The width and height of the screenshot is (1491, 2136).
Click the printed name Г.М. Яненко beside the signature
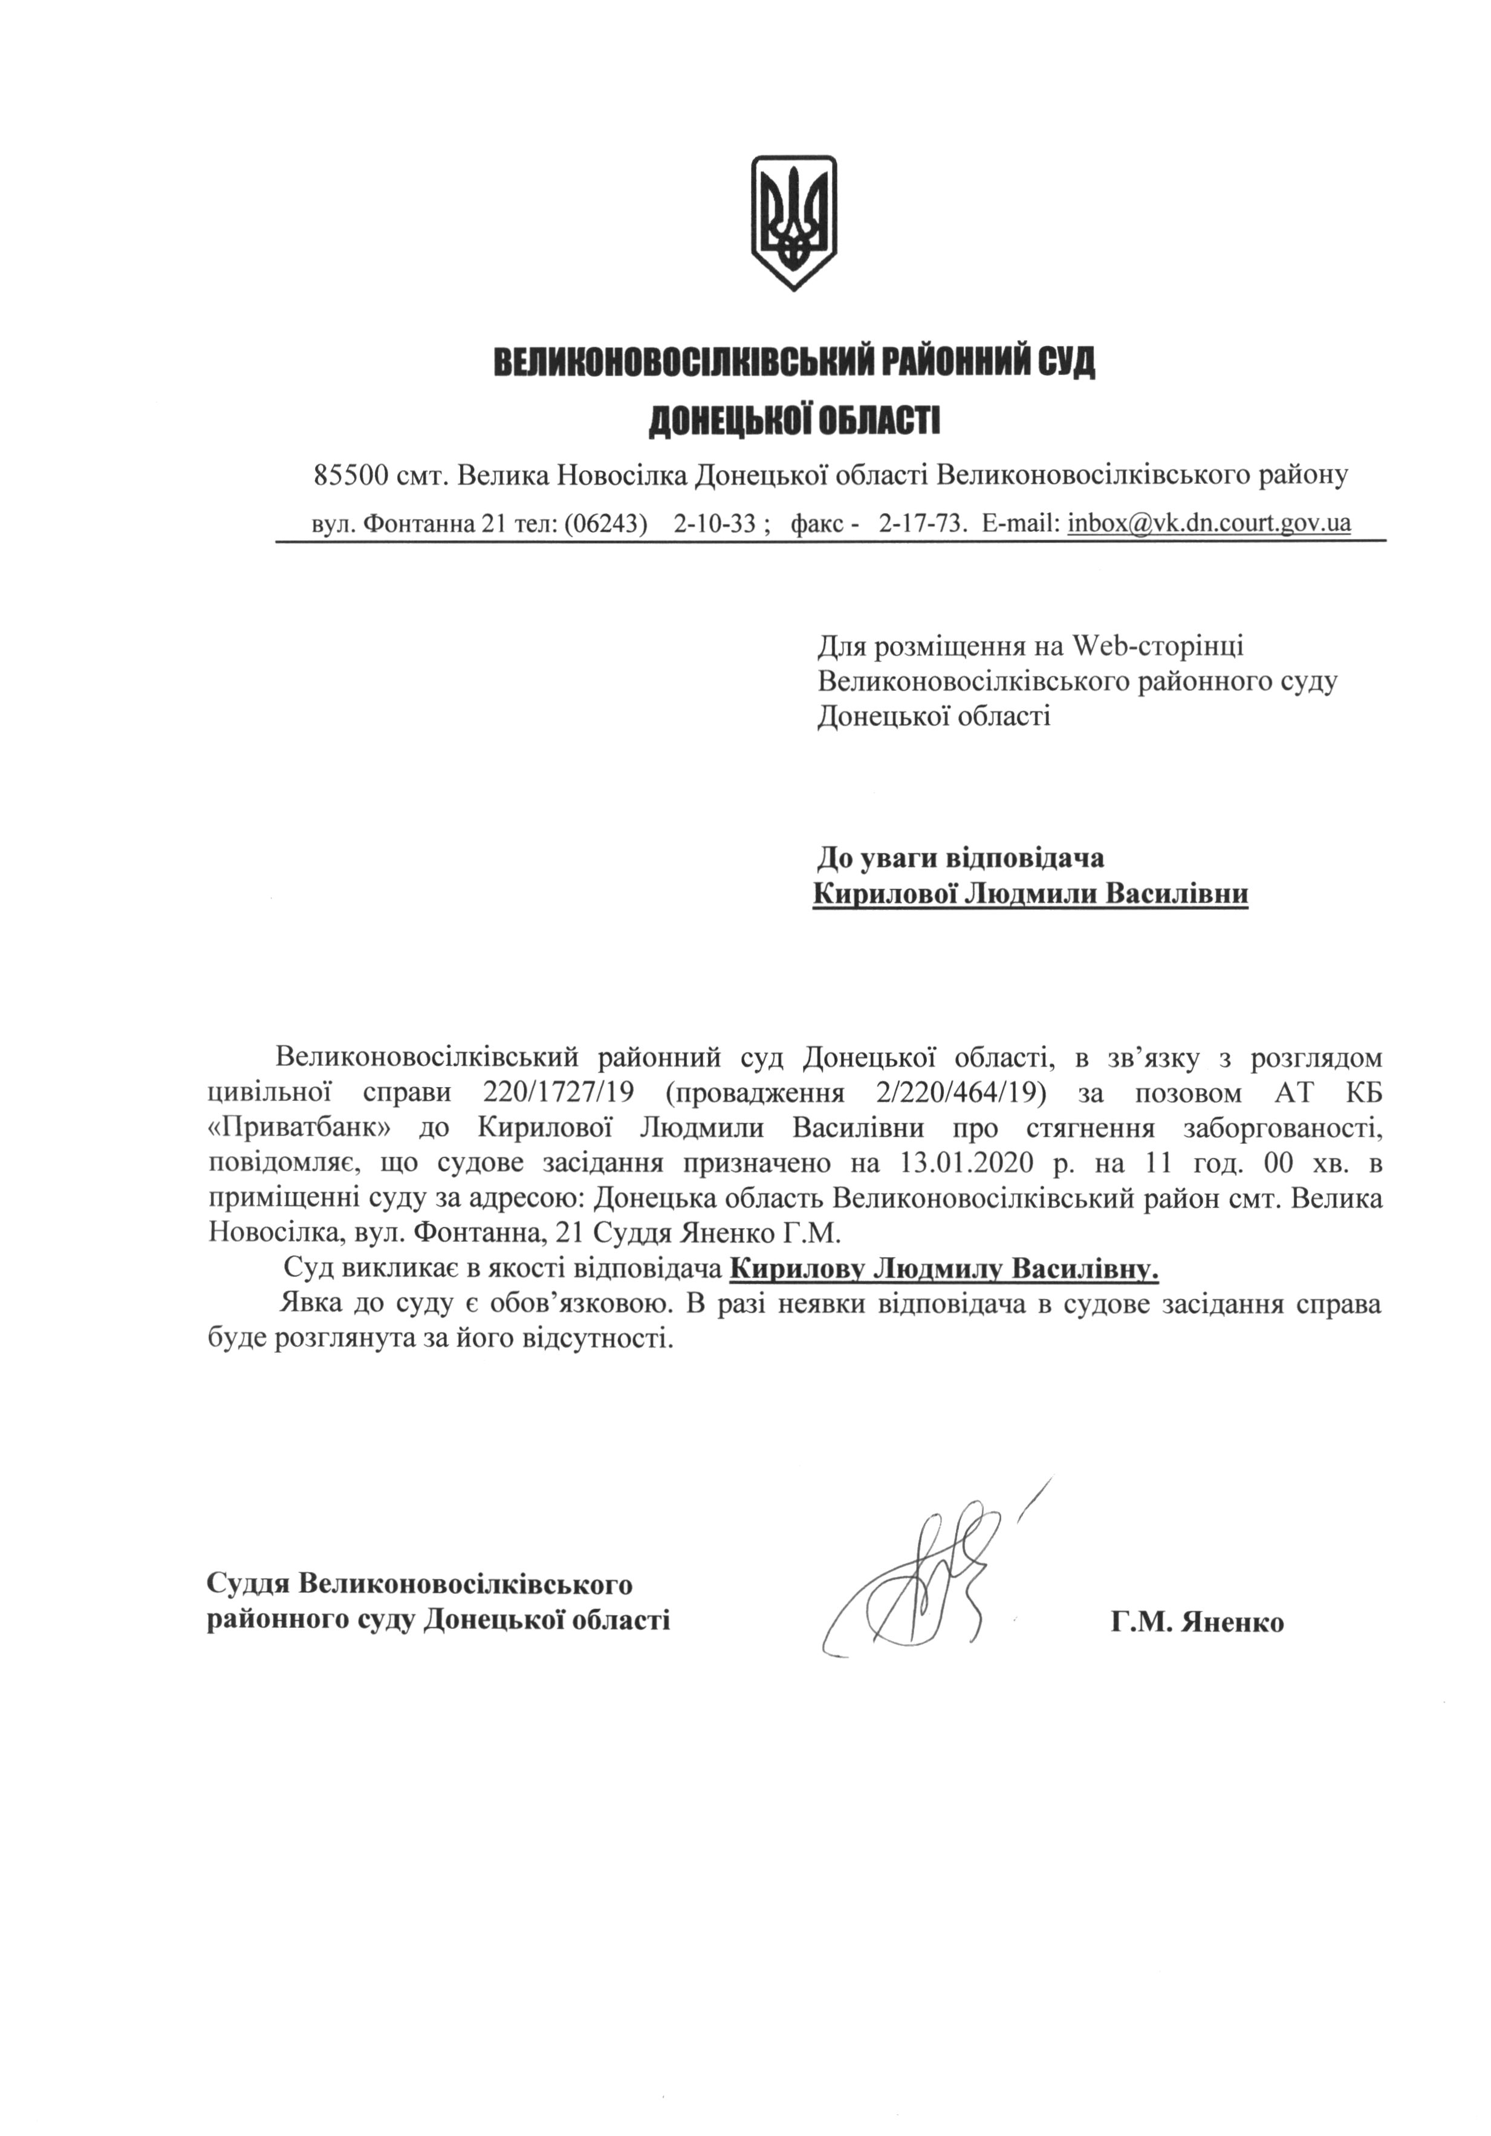[x=1196, y=1622]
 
